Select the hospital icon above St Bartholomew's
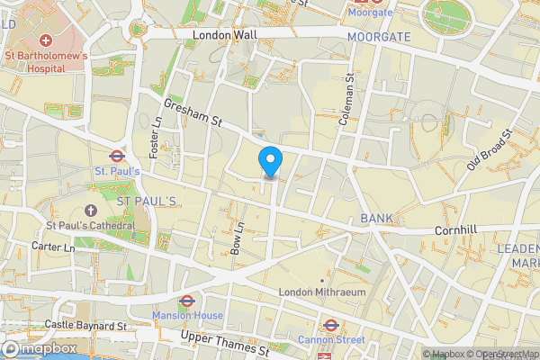[45, 41]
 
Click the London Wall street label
[225, 34]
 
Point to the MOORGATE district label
[378, 37]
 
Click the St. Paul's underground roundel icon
[116, 154]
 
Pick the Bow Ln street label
[238, 237]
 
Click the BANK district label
[376, 219]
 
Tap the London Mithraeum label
[321, 292]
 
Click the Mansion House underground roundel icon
[187, 301]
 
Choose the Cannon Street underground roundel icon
[330, 325]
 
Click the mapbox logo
[38, 348]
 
